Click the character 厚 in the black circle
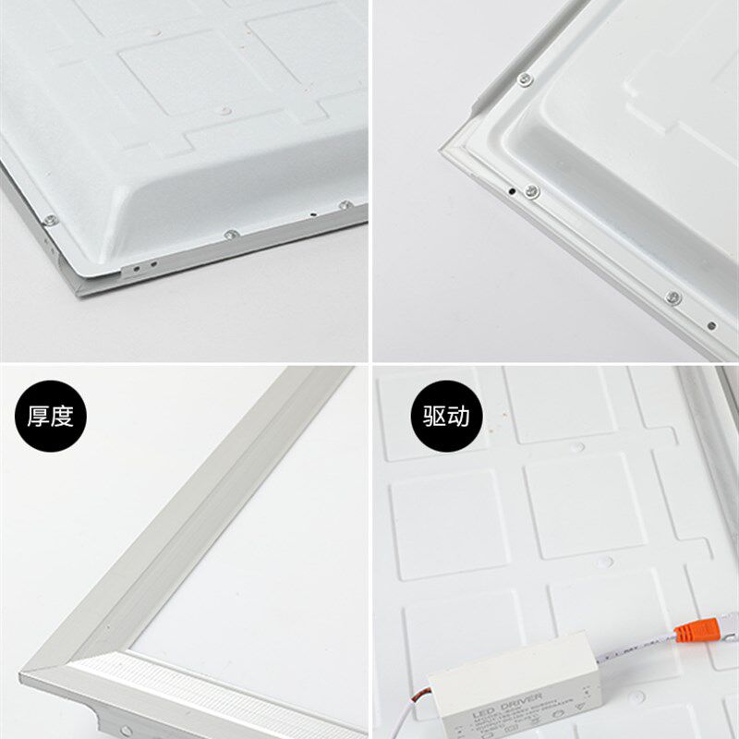click(38, 417)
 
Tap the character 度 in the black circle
click(61, 417)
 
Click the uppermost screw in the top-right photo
click(524, 79)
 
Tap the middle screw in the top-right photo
click(532, 191)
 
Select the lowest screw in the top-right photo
click(672, 297)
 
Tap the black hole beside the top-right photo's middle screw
click(513, 191)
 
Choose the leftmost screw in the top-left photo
click(50, 220)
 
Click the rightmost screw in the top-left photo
click(345, 205)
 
